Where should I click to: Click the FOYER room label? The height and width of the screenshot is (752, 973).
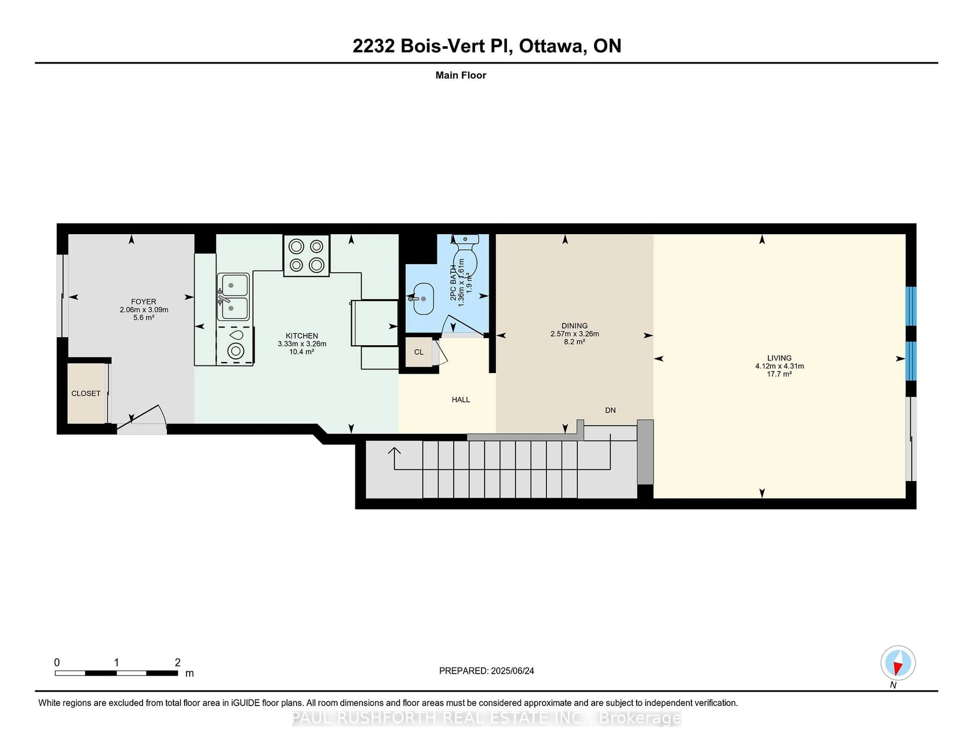coord(143,302)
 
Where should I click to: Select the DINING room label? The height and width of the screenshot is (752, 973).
coord(574,326)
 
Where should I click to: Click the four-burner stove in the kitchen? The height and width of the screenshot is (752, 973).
coord(307,256)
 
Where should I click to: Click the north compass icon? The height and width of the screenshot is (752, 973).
coord(898,663)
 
